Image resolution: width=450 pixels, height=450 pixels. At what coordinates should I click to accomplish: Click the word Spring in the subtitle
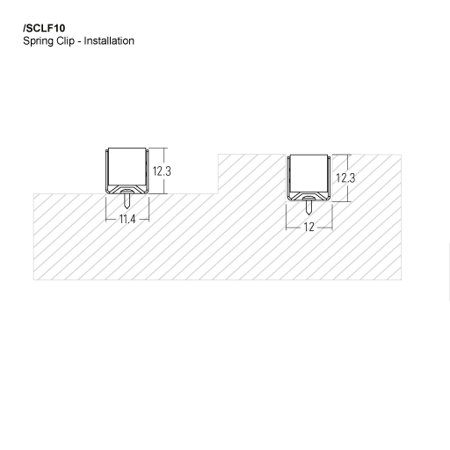40,41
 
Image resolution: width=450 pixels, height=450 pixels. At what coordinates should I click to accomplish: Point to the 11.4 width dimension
127,219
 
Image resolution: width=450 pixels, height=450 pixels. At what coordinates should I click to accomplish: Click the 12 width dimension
308,227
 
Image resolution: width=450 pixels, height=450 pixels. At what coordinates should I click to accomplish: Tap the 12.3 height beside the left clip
161,172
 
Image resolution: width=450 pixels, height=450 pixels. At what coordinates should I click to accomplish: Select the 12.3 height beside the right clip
345,178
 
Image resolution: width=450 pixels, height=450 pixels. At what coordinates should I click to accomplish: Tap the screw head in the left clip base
127,189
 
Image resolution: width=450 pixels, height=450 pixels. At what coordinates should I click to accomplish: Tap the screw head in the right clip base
308,197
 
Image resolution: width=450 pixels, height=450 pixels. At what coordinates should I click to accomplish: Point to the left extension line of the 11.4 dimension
107,211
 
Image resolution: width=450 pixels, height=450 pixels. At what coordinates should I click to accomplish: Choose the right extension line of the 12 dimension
330,218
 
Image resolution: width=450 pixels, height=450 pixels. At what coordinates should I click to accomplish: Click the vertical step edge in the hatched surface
218,174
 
